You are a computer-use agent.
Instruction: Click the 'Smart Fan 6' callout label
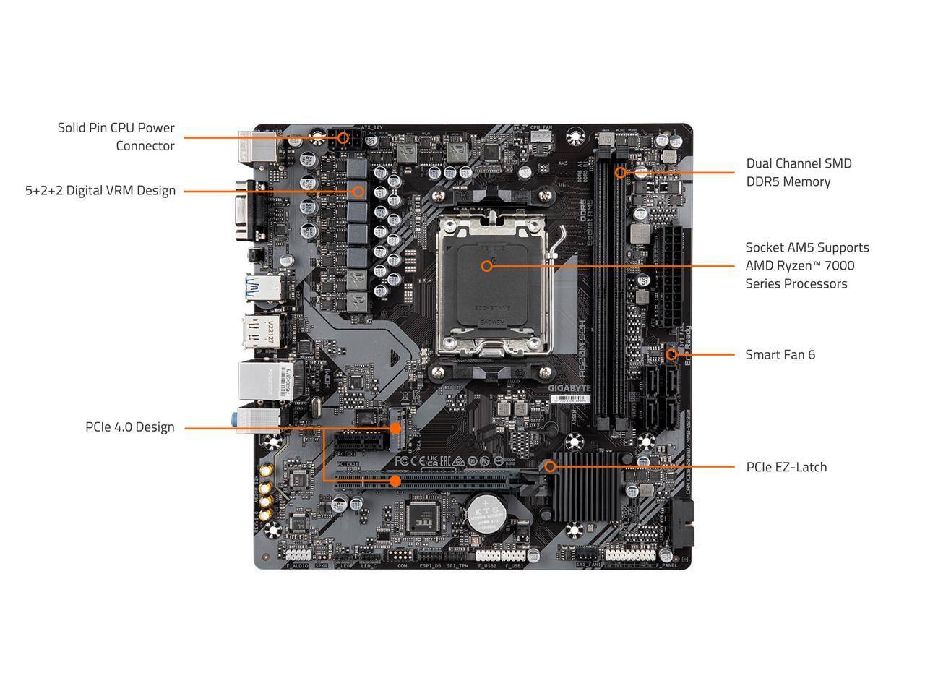(780, 354)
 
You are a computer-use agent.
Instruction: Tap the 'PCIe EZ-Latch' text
(786, 467)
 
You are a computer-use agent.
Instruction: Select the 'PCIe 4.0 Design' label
(130, 427)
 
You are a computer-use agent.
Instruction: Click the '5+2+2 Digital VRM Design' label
(100, 191)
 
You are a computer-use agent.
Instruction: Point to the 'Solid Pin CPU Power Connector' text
(116, 137)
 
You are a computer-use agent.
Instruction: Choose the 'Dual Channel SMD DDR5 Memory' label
(799, 172)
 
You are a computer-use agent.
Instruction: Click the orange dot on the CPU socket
(486, 265)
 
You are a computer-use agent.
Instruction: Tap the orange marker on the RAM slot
(620, 172)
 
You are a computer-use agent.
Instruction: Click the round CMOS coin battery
(484, 513)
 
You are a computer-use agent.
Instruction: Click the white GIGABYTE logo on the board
(569, 388)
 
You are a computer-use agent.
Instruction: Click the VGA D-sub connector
(241, 212)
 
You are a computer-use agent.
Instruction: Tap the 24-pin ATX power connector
(668, 278)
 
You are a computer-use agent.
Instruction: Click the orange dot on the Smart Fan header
(671, 354)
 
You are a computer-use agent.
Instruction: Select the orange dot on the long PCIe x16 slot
(395, 480)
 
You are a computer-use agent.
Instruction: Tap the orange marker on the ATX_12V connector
(343, 137)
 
